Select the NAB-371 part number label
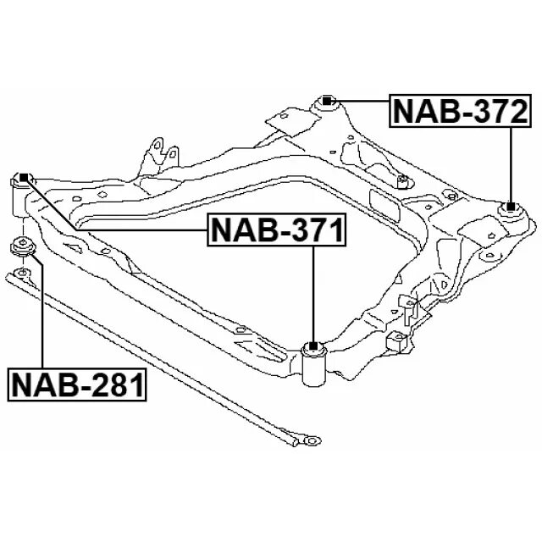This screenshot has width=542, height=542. pyautogui.click(x=278, y=230)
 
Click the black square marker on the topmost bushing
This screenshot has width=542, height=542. pyautogui.click(x=329, y=102)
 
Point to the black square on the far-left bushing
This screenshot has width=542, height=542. pyautogui.click(x=25, y=178)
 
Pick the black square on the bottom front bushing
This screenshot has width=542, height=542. pyautogui.click(x=313, y=346)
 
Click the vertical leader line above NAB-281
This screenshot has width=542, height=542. pyautogui.click(x=41, y=313)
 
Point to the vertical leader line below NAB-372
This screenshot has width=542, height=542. pyautogui.click(x=512, y=161)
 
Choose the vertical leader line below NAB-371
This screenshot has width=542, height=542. pyautogui.click(x=313, y=292)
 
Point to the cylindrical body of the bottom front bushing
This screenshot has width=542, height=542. pyautogui.click(x=313, y=366)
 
